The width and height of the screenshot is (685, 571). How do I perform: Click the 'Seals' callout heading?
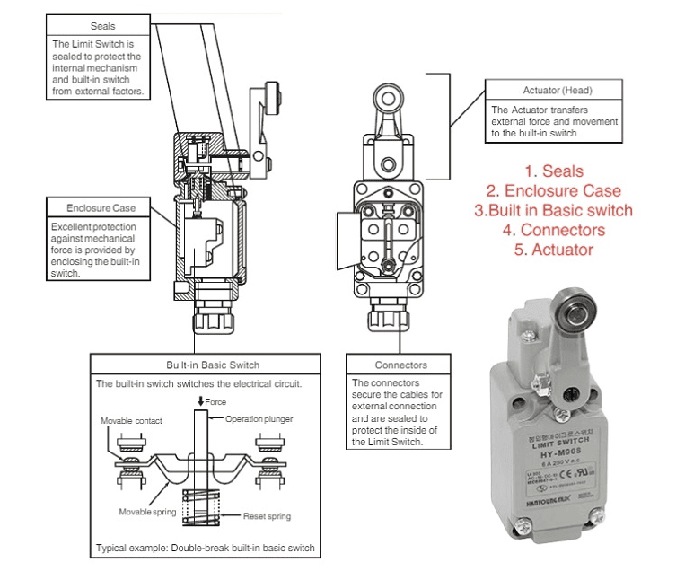click(103, 27)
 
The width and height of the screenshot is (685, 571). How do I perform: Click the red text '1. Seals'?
click(554, 171)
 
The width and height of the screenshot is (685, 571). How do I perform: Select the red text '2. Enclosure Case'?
click(554, 190)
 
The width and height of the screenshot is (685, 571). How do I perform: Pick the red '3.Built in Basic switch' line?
click(554, 210)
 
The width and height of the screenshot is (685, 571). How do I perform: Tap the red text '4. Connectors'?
click(554, 230)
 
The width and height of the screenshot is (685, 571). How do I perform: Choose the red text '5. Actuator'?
click(554, 250)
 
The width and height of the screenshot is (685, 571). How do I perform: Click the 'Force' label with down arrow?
click(212, 401)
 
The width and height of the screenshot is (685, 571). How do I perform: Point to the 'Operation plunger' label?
click(259, 419)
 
